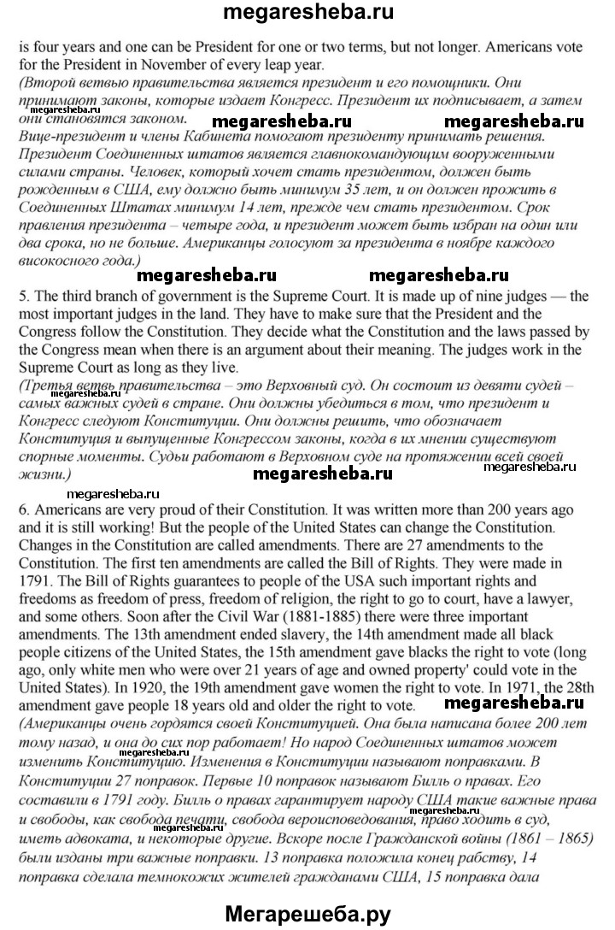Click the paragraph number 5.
pos(23,297)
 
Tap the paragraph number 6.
pos(23,508)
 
